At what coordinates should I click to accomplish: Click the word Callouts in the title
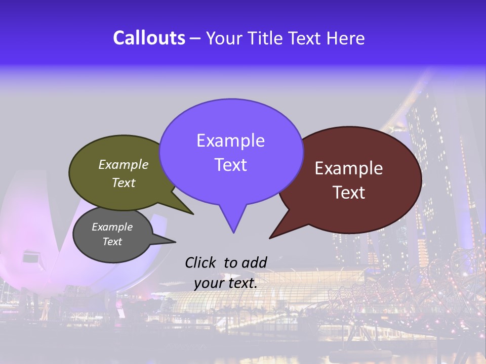pos(149,38)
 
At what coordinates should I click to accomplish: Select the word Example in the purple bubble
pos(231,140)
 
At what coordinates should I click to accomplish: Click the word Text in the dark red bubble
pos(349,192)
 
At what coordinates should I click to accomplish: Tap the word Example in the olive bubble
pos(124,164)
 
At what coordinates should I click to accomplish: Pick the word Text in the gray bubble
pos(112,242)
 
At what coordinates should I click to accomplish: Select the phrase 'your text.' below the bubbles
pos(225,283)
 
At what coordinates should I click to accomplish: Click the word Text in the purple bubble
pos(231,164)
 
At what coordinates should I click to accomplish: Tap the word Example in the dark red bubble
pos(349,168)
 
